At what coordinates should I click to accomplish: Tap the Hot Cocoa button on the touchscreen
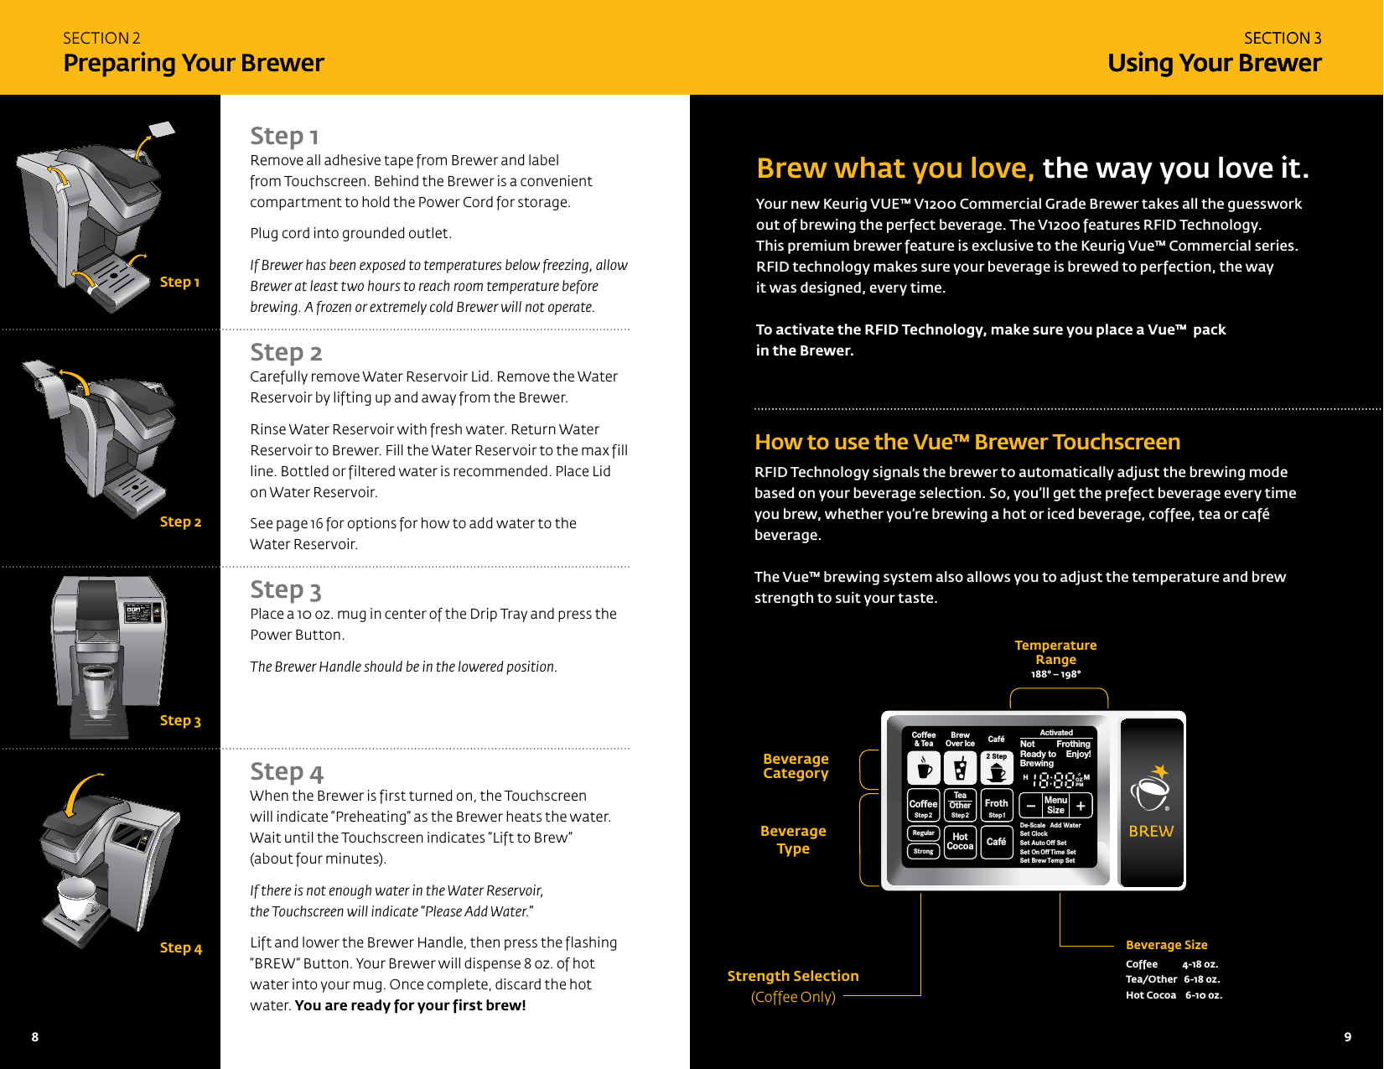tap(960, 841)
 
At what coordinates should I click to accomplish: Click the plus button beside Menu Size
tap(1081, 806)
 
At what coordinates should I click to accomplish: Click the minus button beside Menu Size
tap(1031, 806)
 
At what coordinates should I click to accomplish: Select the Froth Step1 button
tap(996, 806)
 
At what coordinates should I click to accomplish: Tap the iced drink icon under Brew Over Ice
tap(960, 768)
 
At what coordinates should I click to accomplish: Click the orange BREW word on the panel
tap(1151, 831)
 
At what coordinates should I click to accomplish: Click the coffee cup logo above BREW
tap(1150, 789)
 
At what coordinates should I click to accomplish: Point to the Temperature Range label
tap(1055, 652)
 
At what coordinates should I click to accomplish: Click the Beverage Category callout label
tap(796, 765)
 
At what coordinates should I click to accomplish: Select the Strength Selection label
tap(793, 976)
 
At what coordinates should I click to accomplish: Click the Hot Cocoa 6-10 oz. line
tap(1174, 995)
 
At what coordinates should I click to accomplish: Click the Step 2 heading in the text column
tap(286, 352)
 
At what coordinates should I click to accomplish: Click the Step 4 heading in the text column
tap(286, 771)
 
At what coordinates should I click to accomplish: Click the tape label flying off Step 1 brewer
tap(162, 129)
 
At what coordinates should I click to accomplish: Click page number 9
tap(1347, 1036)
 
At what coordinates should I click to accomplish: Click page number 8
tap(35, 1036)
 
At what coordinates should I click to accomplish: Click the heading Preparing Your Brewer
tap(193, 63)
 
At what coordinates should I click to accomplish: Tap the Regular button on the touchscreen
tap(923, 833)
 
